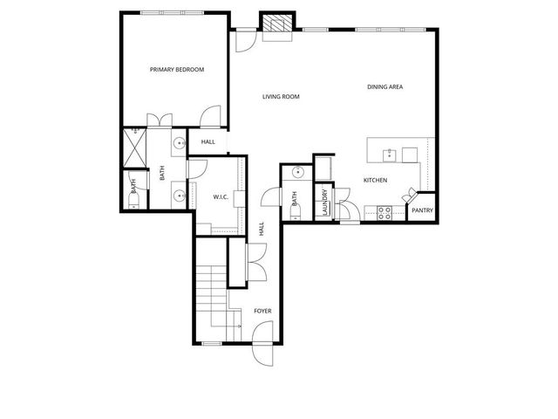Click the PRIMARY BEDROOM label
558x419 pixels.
(x=177, y=69)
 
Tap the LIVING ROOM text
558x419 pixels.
(x=281, y=97)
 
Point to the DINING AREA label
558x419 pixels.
(x=384, y=86)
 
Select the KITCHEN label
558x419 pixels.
(x=376, y=180)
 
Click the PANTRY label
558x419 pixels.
(x=422, y=210)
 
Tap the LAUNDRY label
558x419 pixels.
(x=324, y=203)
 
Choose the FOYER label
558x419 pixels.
(x=262, y=311)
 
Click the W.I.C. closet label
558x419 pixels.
(x=221, y=196)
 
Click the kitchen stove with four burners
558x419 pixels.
(x=383, y=211)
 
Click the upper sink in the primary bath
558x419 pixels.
(x=179, y=144)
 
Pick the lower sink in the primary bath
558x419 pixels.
(x=179, y=196)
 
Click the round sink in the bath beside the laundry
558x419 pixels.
(x=296, y=173)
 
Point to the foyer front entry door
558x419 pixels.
(x=261, y=350)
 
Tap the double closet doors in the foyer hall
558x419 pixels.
(x=255, y=260)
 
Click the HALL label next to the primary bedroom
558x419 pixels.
(x=208, y=141)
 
